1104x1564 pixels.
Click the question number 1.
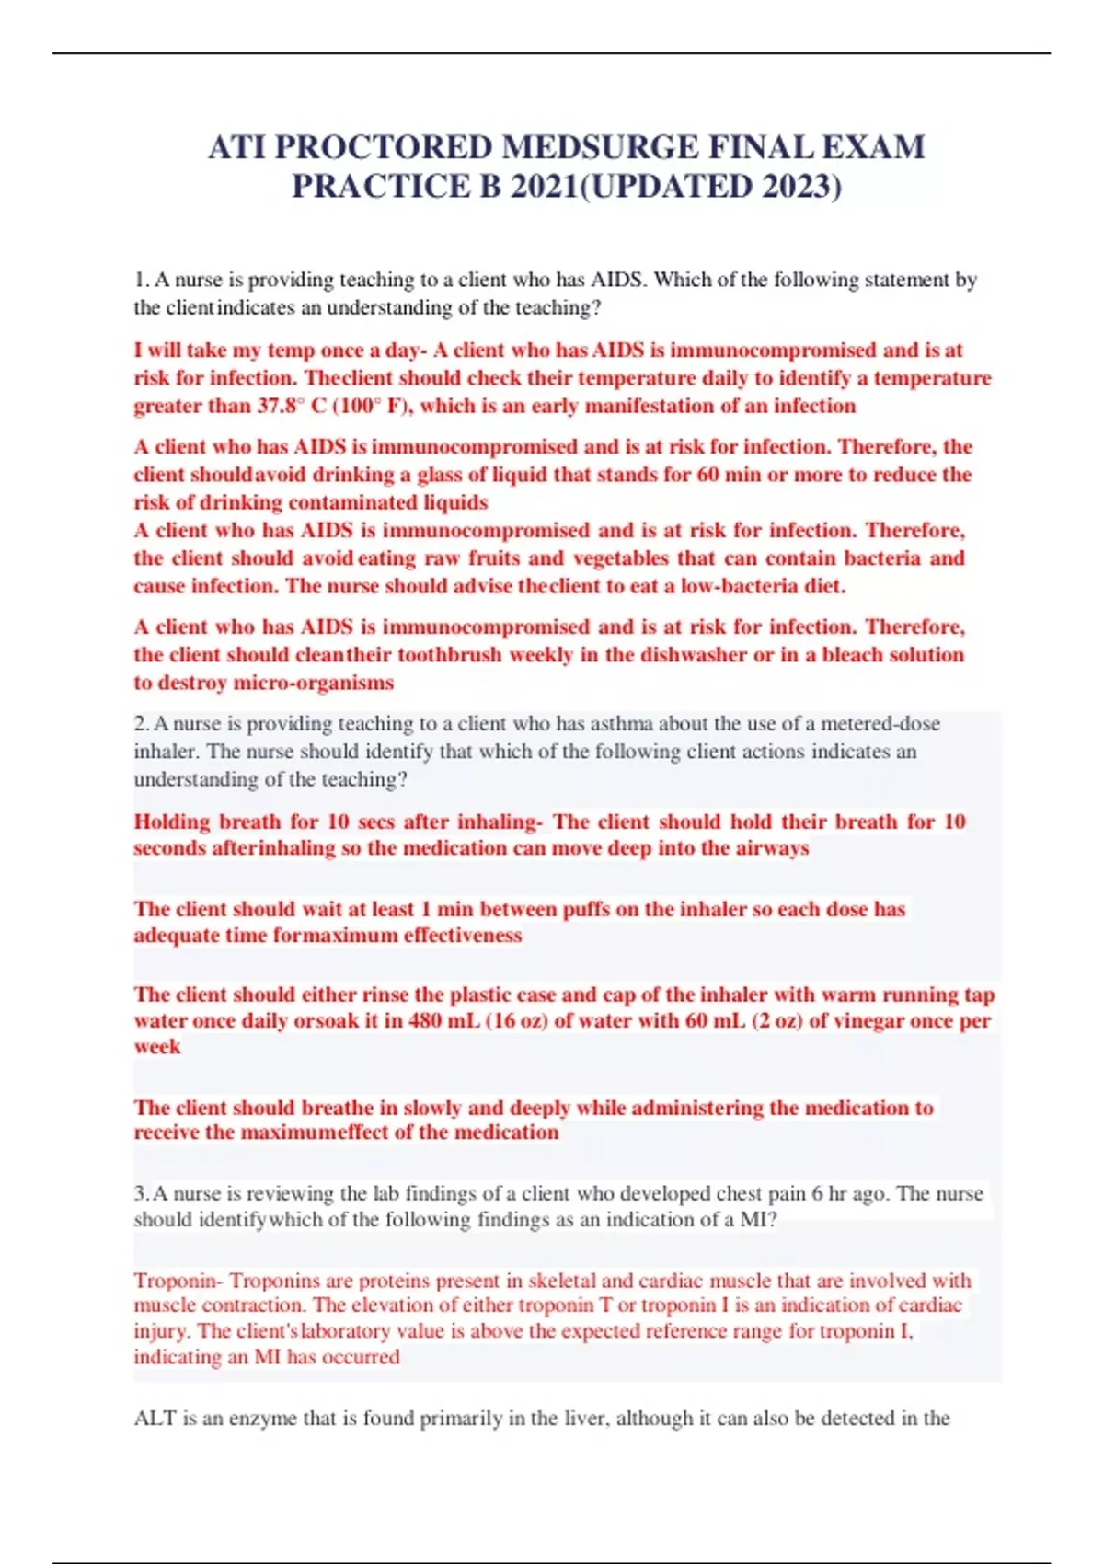coord(140,280)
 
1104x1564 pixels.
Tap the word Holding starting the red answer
coord(173,822)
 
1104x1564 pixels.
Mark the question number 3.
coord(141,1194)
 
